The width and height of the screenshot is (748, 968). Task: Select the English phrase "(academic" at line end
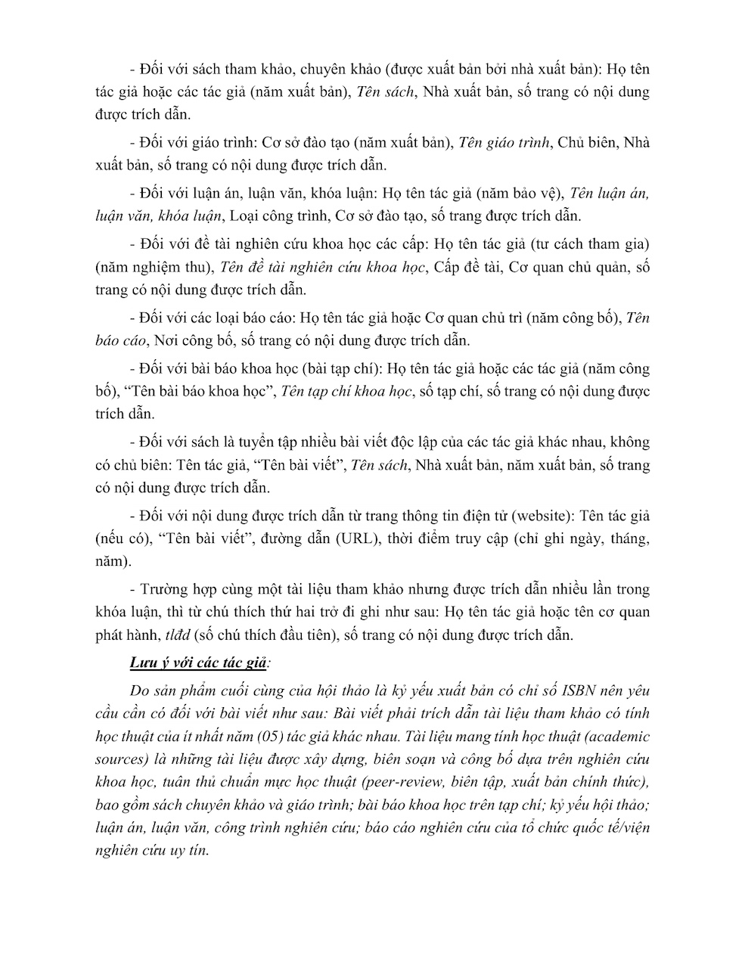[610, 737]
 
